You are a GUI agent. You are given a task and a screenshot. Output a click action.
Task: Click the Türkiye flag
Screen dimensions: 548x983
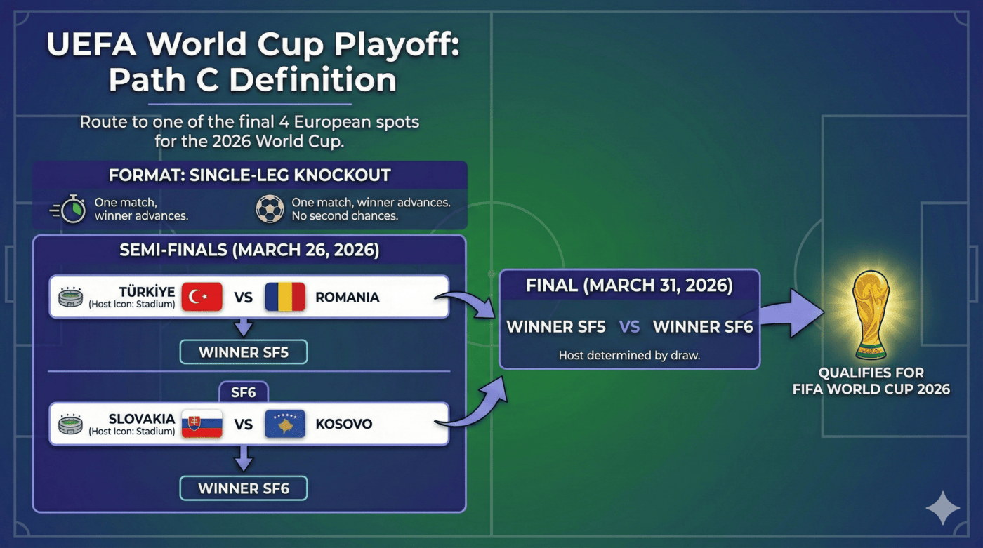(x=202, y=297)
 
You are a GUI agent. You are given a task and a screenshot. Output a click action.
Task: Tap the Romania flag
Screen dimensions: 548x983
(x=285, y=297)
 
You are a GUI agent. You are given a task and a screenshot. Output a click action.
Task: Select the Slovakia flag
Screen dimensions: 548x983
(x=202, y=424)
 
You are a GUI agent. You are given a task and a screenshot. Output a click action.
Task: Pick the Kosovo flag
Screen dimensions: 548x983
(x=285, y=424)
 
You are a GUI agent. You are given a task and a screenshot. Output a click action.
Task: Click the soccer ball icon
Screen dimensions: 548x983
(x=270, y=209)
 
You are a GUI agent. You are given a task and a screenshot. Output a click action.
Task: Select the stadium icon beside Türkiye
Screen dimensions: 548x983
(x=71, y=297)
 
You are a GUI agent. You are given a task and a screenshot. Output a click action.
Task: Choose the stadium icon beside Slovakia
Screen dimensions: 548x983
(x=71, y=424)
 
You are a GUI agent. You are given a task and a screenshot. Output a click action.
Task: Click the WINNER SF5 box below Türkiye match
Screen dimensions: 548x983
(x=244, y=352)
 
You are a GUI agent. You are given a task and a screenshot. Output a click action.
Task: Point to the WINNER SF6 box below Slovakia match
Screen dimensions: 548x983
(x=244, y=488)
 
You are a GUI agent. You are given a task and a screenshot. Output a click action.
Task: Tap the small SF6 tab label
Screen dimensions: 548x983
(x=243, y=392)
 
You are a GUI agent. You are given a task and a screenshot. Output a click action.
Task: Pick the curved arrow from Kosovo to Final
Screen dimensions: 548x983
(x=477, y=407)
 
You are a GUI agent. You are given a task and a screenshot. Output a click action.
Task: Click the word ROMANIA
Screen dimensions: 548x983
(x=347, y=297)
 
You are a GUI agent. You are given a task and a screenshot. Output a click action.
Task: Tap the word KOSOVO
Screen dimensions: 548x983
(x=343, y=424)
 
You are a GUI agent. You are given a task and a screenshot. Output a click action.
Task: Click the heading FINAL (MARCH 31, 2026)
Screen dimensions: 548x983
(x=629, y=286)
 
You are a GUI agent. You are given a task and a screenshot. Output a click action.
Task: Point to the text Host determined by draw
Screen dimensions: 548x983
(x=629, y=355)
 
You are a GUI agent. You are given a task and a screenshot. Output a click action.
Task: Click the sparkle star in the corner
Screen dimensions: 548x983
(x=942, y=508)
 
